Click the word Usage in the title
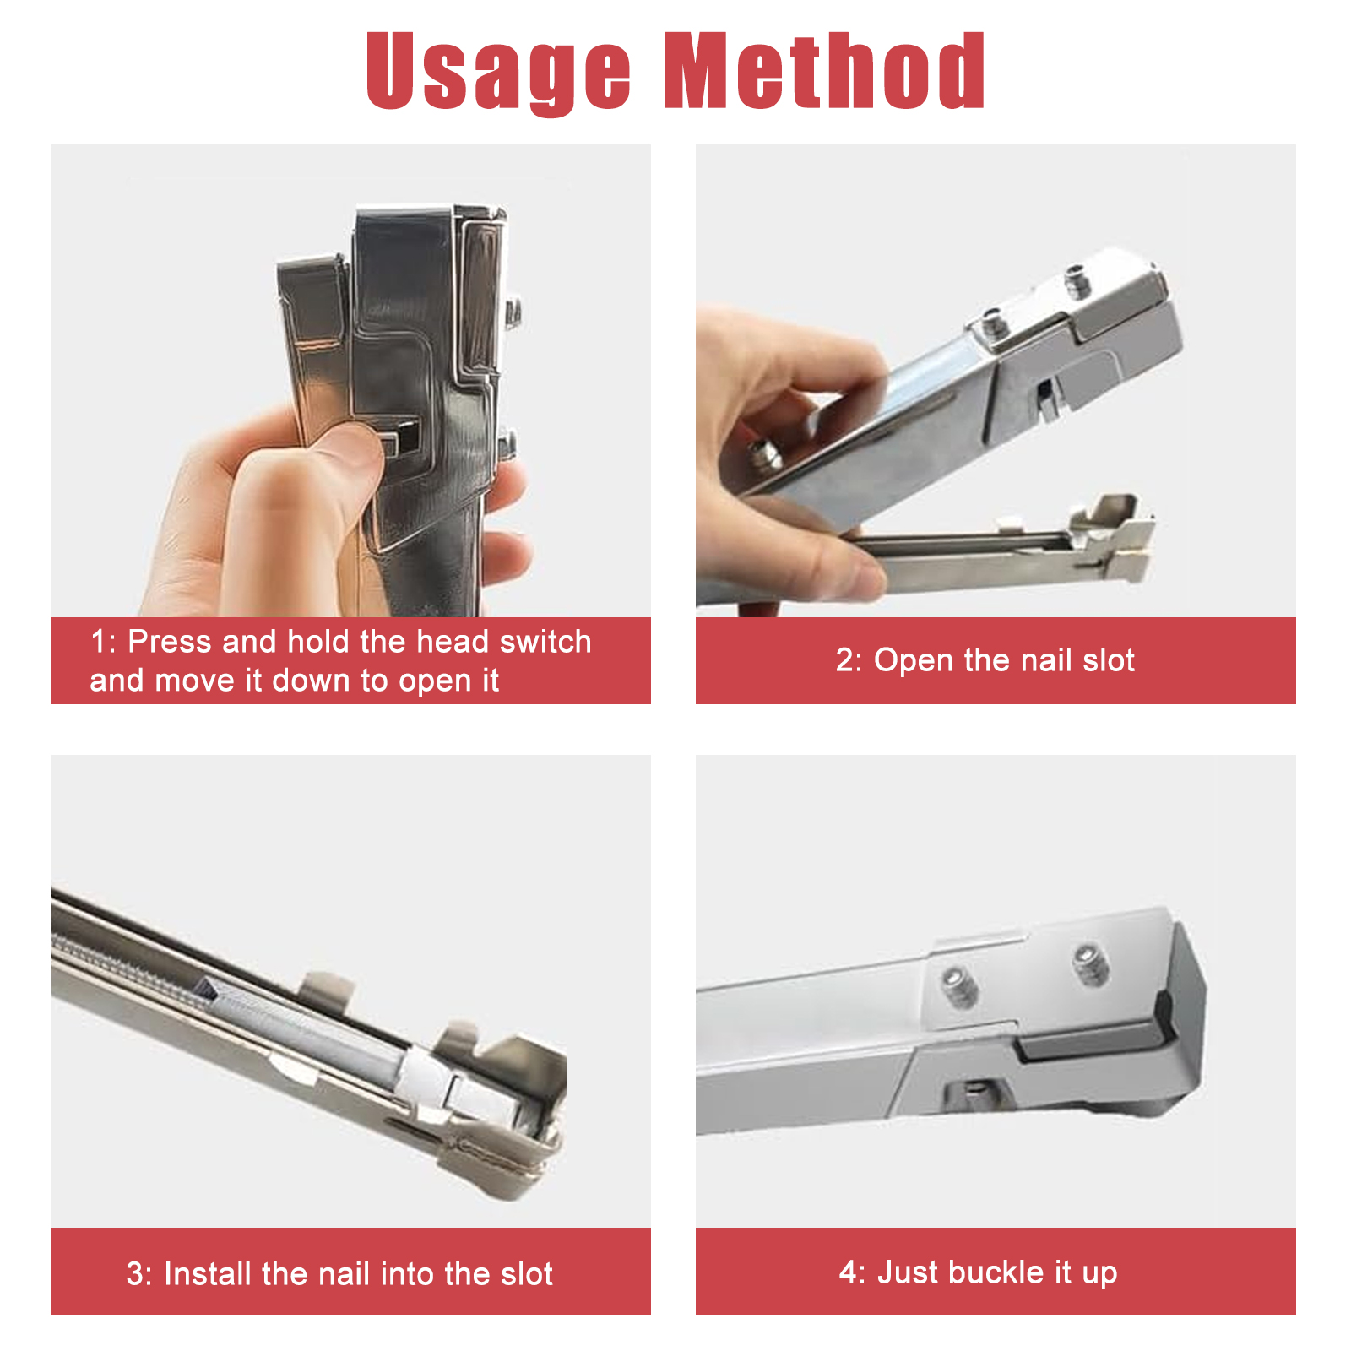pos(498,73)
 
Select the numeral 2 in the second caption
pos(845,660)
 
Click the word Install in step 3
pos(208,1273)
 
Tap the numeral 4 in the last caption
pos(848,1272)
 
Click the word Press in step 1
pos(169,642)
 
